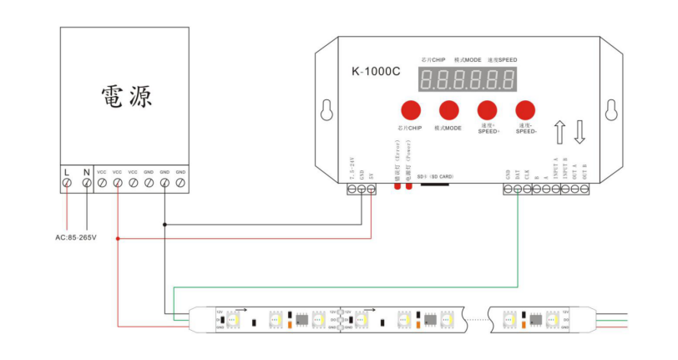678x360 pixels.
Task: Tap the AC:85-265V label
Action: point(76,238)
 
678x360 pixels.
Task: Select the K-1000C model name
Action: point(376,72)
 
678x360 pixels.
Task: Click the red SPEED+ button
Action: point(487,109)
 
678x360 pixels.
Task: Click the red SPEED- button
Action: point(525,109)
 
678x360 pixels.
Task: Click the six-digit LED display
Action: point(467,80)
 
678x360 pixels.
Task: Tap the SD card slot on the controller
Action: point(435,185)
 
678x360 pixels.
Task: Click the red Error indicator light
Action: point(397,184)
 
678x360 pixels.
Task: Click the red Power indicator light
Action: point(408,184)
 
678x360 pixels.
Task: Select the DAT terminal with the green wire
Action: point(518,190)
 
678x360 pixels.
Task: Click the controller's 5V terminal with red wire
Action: point(371,190)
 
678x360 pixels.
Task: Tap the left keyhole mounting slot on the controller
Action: point(327,111)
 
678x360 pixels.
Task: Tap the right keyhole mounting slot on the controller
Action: point(611,111)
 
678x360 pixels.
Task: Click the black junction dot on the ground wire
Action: point(165,224)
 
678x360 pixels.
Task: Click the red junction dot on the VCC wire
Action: point(118,238)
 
